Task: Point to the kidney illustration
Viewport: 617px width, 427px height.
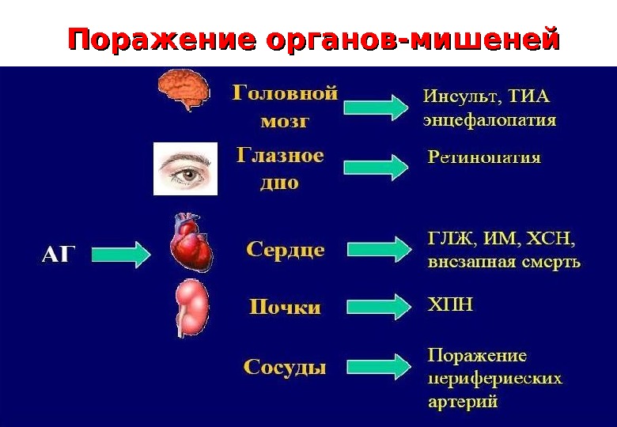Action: pyautogui.click(x=191, y=308)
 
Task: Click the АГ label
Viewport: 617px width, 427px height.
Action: pyautogui.click(x=59, y=255)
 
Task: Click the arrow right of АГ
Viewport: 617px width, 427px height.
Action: pyautogui.click(x=119, y=255)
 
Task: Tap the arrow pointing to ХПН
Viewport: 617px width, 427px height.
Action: pyautogui.click(x=377, y=306)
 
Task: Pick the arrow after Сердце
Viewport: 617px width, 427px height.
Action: pyautogui.click(x=377, y=249)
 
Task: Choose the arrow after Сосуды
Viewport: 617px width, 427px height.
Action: pyautogui.click(x=377, y=366)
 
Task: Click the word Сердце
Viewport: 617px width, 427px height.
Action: pyautogui.click(x=286, y=250)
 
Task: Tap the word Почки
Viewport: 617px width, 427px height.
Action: pyautogui.click(x=285, y=307)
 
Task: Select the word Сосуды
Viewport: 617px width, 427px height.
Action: pyautogui.click(x=285, y=367)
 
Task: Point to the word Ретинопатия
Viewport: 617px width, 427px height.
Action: pyautogui.click(x=484, y=157)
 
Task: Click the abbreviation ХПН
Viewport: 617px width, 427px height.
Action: pyautogui.click(x=450, y=304)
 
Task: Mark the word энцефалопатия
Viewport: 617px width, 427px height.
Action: pyautogui.click(x=489, y=121)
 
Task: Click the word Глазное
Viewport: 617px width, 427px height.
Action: pyautogui.click(x=280, y=155)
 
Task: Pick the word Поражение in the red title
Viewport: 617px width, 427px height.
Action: pyautogui.click(x=161, y=39)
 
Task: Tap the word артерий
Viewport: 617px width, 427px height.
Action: pyautogui.click(x=463, y=402)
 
